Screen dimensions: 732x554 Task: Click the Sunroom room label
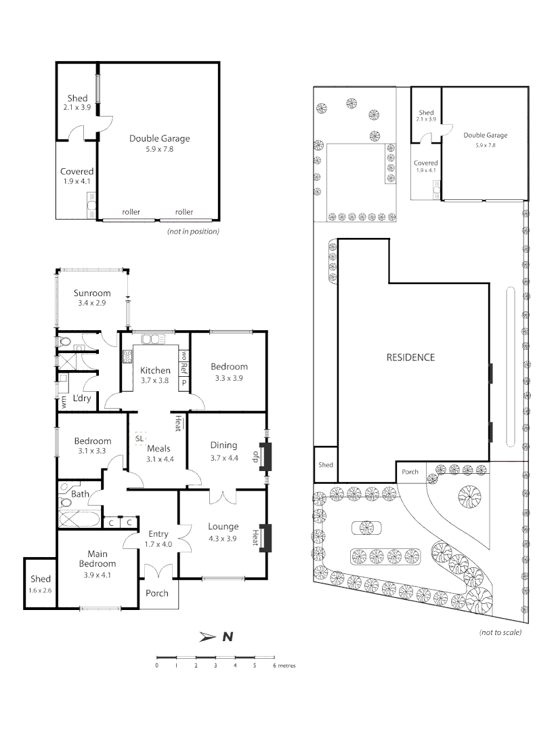[92, 293]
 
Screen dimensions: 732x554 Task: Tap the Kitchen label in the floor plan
[155, 370]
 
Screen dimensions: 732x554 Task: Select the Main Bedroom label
[97, 558]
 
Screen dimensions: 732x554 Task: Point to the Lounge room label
[223, 526]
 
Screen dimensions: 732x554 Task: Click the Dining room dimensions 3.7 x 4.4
[223, 457]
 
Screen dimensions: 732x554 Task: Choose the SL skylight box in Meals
[140, 439]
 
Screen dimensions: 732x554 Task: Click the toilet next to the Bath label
[66, 489]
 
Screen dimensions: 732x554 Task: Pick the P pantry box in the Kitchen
[183, 383]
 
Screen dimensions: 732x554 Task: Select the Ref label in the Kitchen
[183, 369]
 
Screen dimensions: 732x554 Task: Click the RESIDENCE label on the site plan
[410, 357]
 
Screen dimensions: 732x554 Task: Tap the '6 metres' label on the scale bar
[284, 666]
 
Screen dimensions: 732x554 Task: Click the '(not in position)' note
[193, 231]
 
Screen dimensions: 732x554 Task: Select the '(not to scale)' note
[500, 632]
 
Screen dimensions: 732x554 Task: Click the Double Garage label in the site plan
[485, 135]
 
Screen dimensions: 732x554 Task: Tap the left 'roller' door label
[131, 212]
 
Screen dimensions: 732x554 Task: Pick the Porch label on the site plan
[410, 472]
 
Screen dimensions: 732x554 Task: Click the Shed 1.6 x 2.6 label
[41, 584]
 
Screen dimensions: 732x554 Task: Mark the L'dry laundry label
[81, 398]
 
